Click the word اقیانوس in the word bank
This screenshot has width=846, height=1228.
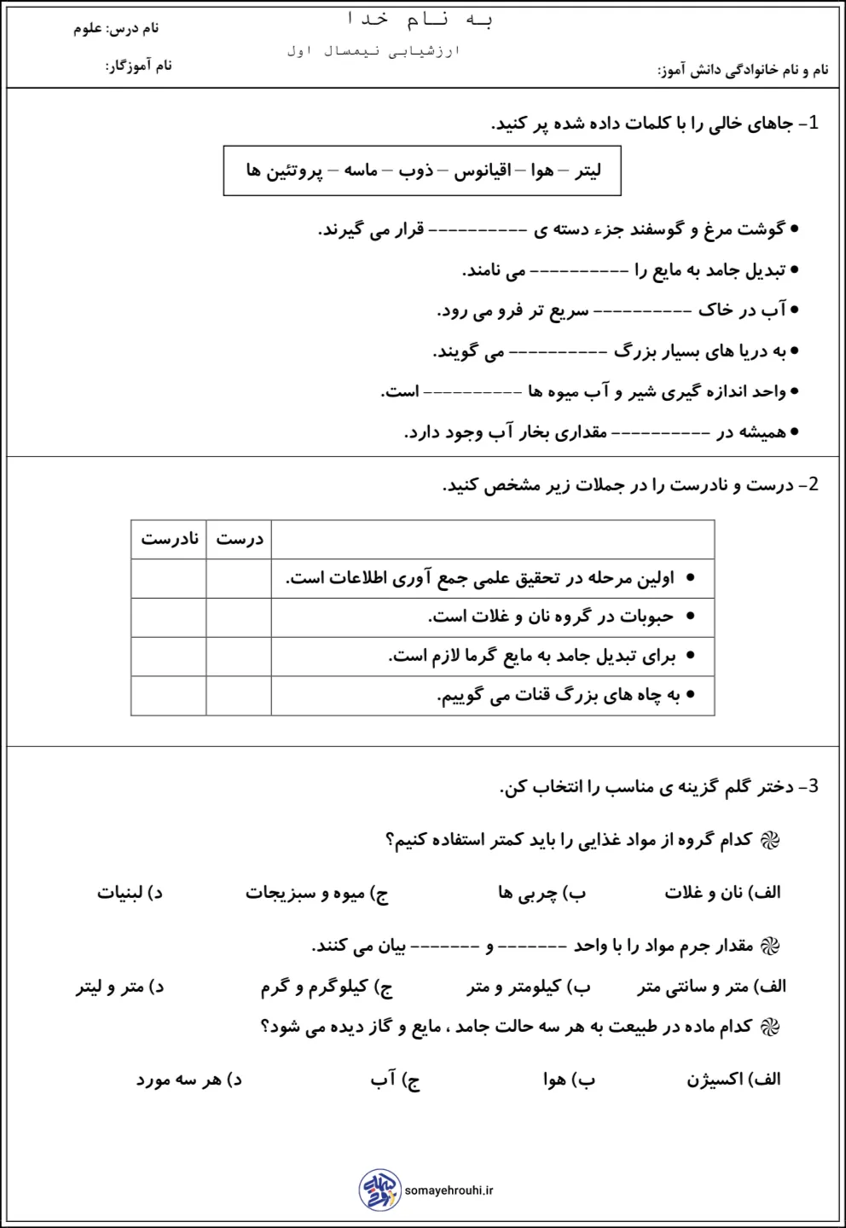click(482, 171)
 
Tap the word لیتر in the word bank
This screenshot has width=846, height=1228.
click(588, 171)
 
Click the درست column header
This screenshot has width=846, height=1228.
click(239, 539)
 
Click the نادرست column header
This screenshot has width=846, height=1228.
click(169, 539)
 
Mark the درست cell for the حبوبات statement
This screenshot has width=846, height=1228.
click(239, 617)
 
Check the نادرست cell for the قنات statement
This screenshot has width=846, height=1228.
click(169, 696)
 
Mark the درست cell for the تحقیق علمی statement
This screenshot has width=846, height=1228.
click(239, 578)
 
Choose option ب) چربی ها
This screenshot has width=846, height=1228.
click(542, 893)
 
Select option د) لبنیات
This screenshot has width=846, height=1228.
click(130, 893)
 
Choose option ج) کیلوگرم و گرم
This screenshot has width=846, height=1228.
click(327, 987)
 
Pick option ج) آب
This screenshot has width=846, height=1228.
click(395, 1080)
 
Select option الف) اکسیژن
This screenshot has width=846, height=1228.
click(733, 1080)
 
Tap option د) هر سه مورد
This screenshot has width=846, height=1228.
click(188, 1080)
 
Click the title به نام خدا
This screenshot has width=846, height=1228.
click(421, 20)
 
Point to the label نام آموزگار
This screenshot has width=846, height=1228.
click(139, 66)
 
